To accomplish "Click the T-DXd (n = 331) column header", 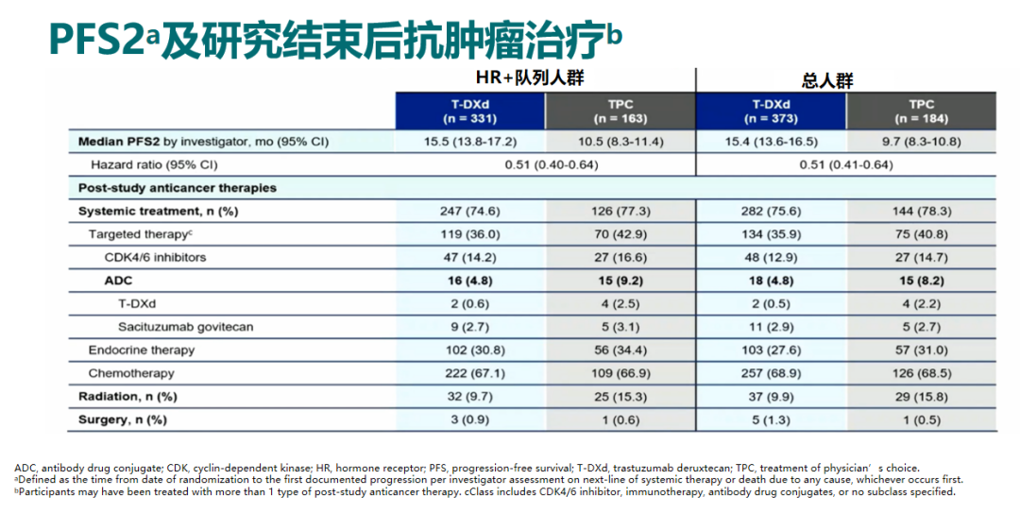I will pos(469,111).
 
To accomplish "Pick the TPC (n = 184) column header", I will pos(921,111).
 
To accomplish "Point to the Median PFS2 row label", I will pos(204,142).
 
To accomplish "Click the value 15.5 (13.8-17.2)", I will pos(469,142).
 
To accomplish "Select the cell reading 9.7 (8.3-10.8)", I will pos(921,142).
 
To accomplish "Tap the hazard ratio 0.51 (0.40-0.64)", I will pos(545,164).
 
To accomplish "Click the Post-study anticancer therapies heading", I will pos(178,188).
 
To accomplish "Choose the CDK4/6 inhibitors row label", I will pos(155,257).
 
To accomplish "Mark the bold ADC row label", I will pos(118,281).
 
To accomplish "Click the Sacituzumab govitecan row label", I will pos(185,327).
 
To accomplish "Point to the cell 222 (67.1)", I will pos(469,373).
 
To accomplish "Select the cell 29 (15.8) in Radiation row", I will pos(921,397).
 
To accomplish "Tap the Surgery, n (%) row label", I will pos(123,420).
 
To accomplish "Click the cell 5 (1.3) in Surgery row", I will pos(771,420).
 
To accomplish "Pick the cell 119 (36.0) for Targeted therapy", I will pos(469,234).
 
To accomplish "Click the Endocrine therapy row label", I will pos(142,350).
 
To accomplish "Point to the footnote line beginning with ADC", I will pos(467,468).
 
